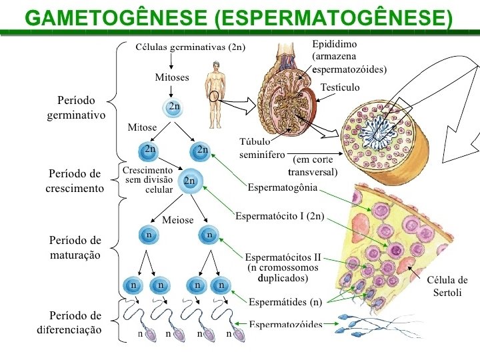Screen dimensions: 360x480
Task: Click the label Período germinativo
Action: point(77,108)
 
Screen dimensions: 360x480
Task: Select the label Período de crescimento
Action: point(75,181)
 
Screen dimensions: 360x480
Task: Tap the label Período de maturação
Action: point(75,247)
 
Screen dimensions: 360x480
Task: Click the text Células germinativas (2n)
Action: point(191,47)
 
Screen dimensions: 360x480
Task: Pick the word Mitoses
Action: point(172,77)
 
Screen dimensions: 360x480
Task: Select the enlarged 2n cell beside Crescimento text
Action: point(190,181)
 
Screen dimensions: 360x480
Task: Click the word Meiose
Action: point(177,220)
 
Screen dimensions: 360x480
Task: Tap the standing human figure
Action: point(215,93)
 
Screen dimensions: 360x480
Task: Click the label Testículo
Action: point(340,87)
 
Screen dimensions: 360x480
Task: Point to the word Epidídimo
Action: point(335,44)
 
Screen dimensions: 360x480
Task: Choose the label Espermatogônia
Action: point(283,187)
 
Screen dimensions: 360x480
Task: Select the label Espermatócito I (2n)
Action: point(280,216)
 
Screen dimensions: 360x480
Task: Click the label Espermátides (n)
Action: point(285,302)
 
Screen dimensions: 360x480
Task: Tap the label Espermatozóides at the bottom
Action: point(285,325)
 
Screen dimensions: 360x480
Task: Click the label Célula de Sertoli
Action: point(447,286)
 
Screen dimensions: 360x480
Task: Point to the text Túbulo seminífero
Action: point(255,148)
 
